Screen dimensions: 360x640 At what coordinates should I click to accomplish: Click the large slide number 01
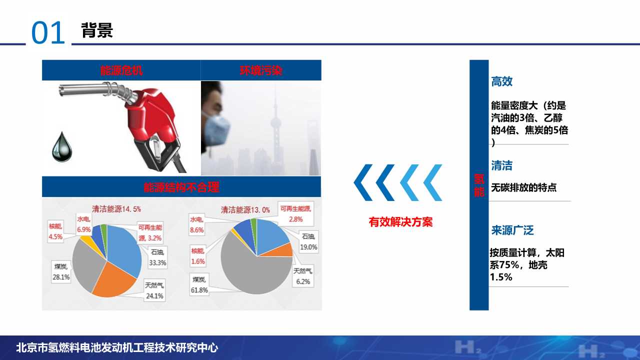[48, 33]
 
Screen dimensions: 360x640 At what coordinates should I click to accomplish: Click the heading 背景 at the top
[97, 30]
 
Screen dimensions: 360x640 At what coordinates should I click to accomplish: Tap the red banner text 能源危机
[121, 70]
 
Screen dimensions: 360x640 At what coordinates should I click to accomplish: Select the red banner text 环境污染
[261, 70]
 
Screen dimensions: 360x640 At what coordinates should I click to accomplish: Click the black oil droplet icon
[62, 147]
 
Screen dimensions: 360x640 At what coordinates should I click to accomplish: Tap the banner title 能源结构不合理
[181, 187]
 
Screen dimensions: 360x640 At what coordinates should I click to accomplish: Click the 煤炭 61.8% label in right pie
[199, 284]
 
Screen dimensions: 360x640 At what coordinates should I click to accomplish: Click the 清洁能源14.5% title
[116, 208]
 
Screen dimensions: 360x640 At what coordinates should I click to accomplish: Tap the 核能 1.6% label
[197, 255]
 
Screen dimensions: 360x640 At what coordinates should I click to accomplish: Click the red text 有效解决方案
[400, 222]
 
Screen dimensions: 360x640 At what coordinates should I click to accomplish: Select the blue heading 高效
[501, 82]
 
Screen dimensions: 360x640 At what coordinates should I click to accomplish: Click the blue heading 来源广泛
[512, 230]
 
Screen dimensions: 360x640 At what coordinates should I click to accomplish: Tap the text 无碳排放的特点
[523, 188]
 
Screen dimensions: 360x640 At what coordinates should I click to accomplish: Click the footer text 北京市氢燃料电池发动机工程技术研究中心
[117, 348]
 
